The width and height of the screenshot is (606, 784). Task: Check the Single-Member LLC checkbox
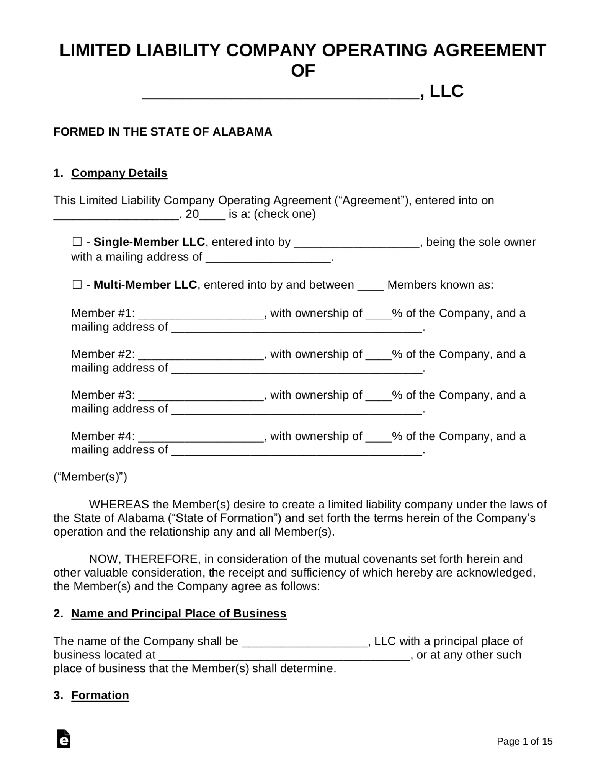coord(77,242)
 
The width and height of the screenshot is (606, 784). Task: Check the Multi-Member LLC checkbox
coord(77,285)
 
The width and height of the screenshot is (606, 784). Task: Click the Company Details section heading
coord(119,173)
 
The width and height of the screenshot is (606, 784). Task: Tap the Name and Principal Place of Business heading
coord(178,614)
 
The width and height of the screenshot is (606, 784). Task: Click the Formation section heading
coord(100,695)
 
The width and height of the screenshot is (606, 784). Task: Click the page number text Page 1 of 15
coord(524,742)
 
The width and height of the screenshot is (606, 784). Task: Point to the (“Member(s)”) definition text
coord(90,477)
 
